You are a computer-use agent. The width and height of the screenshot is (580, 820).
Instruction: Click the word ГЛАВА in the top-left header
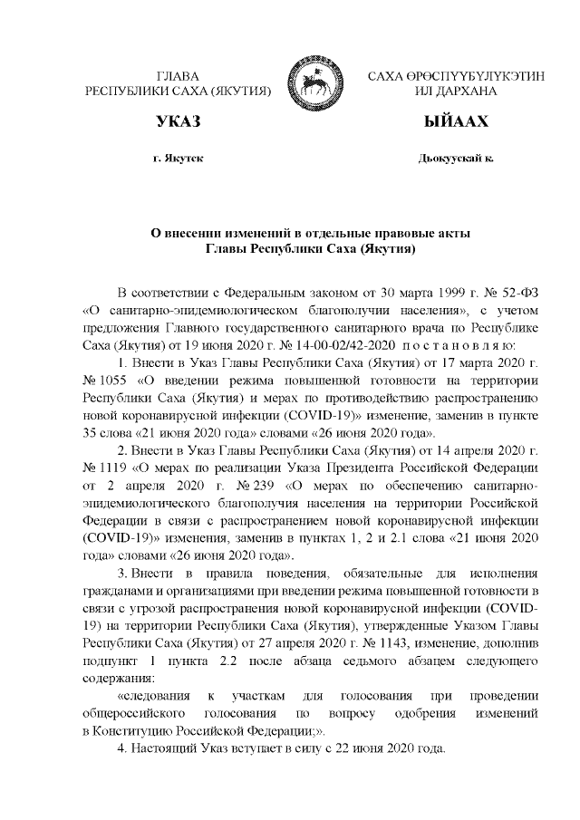[178, 76]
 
